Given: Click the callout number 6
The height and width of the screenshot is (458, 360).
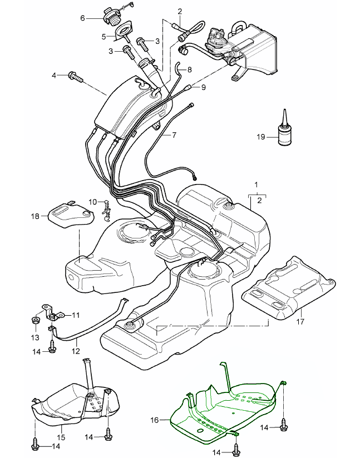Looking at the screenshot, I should click(x=83, y=18).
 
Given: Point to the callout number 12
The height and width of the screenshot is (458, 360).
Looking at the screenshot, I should click(x=75, y=351).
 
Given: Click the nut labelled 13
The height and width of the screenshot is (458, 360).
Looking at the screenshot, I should click(x=35, y=321).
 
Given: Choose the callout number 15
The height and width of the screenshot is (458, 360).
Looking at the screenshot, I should click(x=62, y=438).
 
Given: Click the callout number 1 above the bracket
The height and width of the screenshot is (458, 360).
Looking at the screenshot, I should click(x=256, y=183).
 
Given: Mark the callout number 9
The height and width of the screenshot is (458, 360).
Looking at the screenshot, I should click(x=203, y=87).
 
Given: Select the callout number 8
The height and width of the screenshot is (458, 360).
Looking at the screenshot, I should click(x=189, y=69).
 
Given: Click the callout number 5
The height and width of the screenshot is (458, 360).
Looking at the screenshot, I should click(x=104, y=37).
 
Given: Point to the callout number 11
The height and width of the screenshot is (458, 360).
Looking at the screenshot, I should click(x=76, y=315).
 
